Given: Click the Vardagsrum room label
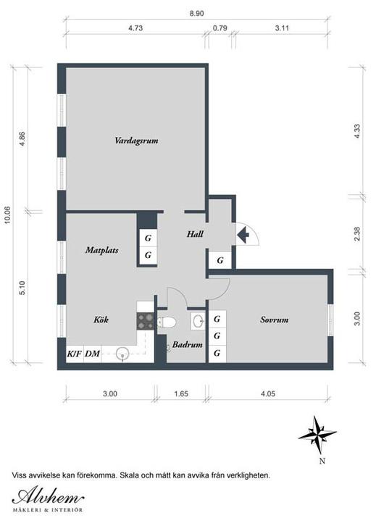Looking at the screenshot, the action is click(x=136, y=141).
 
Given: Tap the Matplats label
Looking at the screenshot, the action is click(x=102, y=250).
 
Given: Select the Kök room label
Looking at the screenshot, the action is click(x=101, y=320).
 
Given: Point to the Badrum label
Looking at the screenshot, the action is click(x=188, y=345).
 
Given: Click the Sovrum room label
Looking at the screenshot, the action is click(x=274, y=320).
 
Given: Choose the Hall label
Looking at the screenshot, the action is click(x=195, y=234).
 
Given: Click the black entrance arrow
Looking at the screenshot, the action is click(x=243, y=235).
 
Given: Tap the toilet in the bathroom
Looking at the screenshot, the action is click(x=166, y=322).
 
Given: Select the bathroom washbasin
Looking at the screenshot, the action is click(x=199, y=321).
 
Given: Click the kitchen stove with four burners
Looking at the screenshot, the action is click(x=146, y=321).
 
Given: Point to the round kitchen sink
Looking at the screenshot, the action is click(x=122, y=353).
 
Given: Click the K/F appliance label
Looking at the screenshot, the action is click(x=75, y=354).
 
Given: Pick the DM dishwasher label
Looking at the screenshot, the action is click(x=92, y=354).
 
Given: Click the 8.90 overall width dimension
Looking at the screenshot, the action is click(x=196, y=14).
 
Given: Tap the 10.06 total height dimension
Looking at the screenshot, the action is click(x=7, y=215).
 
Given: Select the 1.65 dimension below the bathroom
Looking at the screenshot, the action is click(x=181, y=394).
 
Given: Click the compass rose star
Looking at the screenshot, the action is click(x=317, y=435).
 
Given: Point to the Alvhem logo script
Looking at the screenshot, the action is click(x=48, y=497).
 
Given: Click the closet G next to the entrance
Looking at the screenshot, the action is click(x=220, y=261).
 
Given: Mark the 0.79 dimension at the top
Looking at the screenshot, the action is click(x=220, y=28).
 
